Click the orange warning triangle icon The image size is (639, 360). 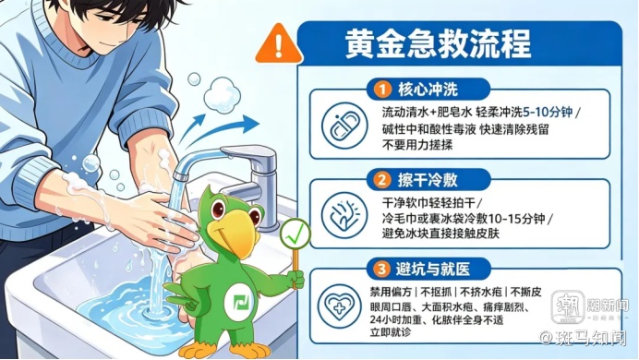pyautogui.click(x=279, y=44)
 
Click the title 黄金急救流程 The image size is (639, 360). pyautogui.click(x=438, y=43)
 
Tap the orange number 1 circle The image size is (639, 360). pyautogui.click(x=382, y=90)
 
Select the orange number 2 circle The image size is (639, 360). pyautogui.click(x=382, y=180)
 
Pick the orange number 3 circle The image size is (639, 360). pyautogui.click(x=382, y=269)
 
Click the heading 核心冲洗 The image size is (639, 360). pyautogui.click(x=428, y=90)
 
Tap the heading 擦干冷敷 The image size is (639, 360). pyautogui.click(x=428, y=180)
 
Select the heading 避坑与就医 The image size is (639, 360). pyautogui.click(x=433, y=269)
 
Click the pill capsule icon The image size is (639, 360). pyautogui.click(x=344, y=125)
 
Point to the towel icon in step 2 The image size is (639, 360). pyautogui.click(x=344, y=215)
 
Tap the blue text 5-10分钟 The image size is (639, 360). pyautogui.click(x=548, y=112)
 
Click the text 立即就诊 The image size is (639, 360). pyautogui.click(x=391, y=332)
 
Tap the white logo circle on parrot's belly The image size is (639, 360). pyautogui.click(x=240, y=303)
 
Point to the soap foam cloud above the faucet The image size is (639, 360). pyautogui.click(x=222, y=94)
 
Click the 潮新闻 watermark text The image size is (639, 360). pyautogui.click(x=607, y=305)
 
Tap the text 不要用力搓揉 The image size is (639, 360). pyautogui.click(x=417, y=145)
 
